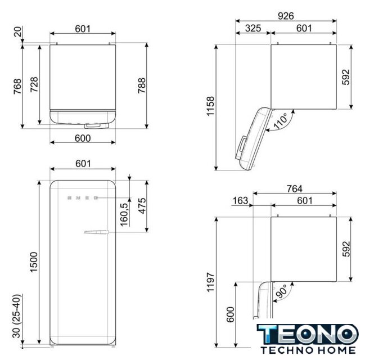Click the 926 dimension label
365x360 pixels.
coord(286,16)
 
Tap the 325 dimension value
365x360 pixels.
coord(253,29)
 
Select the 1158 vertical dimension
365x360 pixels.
coord(210,106)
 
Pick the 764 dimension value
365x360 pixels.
coord(295,188)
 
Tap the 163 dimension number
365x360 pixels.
coord(240,200)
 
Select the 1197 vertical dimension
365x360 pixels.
coord(210,282)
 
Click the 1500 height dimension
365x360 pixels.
coord(34,262)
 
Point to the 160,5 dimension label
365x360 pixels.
coord(124,215)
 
